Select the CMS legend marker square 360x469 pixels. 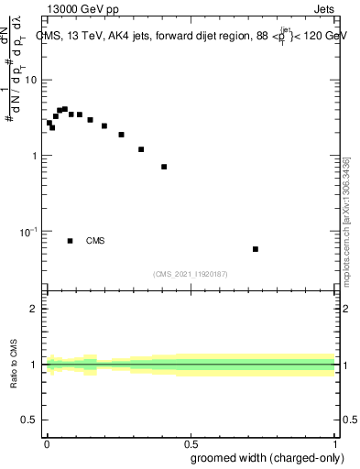coord(71,241)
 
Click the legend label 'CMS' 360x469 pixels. coord(95,241)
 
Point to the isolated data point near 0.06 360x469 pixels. coord(256,249)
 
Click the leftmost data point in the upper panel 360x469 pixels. coord(49,123)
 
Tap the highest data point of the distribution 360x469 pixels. coord(64,109)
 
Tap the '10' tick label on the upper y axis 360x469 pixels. coord(31,81)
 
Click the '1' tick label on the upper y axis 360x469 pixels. coord(35,156)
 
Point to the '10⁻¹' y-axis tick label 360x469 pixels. coord(30,232)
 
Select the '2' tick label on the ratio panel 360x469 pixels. coord(35,309)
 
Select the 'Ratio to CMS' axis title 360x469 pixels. coord(13,365)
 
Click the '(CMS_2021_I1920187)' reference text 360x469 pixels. coord(190,274)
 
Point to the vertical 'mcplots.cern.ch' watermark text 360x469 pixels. coord(346,229)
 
